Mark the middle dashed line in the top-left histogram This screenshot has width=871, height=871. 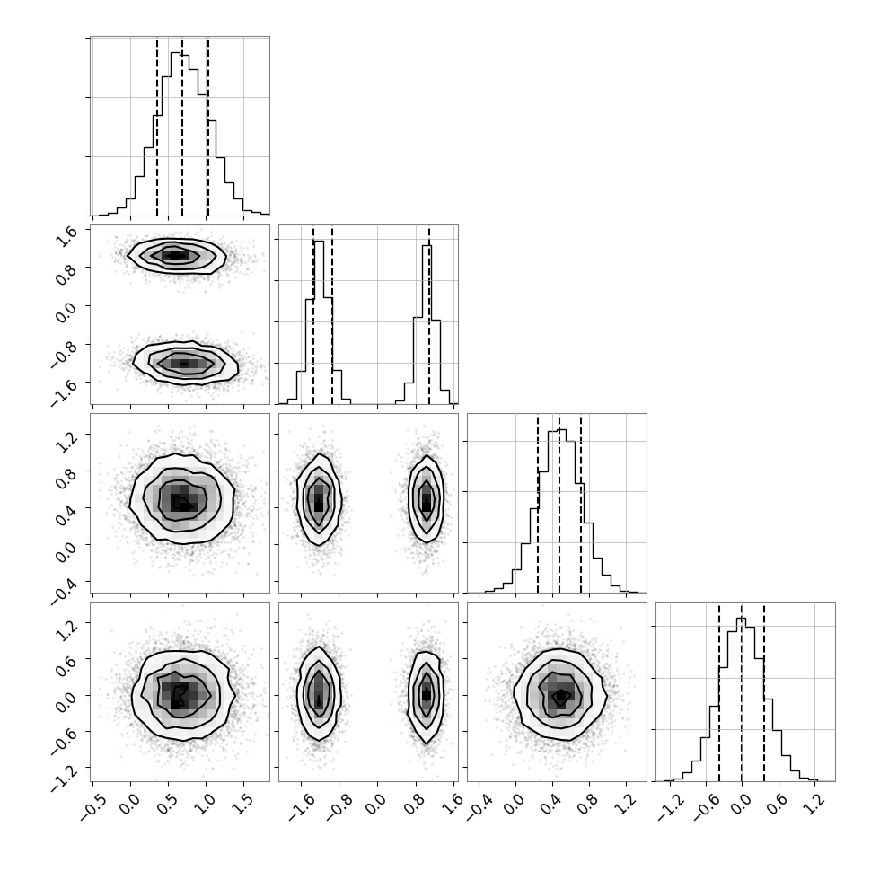(x=182, y=126)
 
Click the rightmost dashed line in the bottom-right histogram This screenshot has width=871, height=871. (x=764, y=691)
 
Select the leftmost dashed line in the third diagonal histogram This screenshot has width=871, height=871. (x=538, y=503)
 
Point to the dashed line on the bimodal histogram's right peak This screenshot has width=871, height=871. (x=429, y=315)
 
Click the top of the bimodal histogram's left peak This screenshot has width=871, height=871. (x=319, y=241)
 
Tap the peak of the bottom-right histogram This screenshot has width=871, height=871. (x=742, y=619)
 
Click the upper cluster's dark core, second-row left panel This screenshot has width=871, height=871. (x=175, y=256)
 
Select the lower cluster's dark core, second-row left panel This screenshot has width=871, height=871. (x=184, y=364)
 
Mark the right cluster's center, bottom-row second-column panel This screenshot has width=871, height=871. (x=426, y=694)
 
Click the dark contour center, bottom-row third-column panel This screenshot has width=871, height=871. (x=561, y=695)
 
